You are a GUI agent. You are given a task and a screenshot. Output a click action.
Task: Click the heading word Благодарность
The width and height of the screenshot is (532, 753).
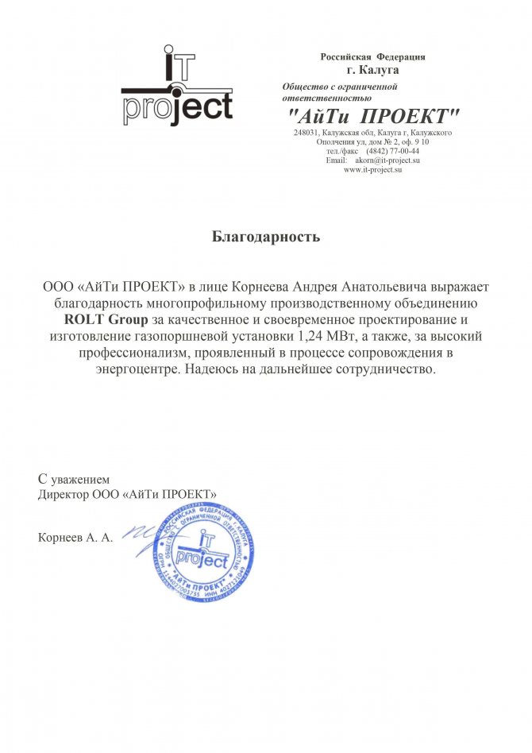click(266, 236)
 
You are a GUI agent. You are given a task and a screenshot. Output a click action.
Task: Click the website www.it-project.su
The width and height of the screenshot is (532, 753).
click(373, 169)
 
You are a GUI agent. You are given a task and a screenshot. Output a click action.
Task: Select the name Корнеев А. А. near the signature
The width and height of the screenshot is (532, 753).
click(75, 538)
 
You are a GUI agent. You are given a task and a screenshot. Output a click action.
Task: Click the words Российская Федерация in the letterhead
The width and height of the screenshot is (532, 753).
click(372, 57)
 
